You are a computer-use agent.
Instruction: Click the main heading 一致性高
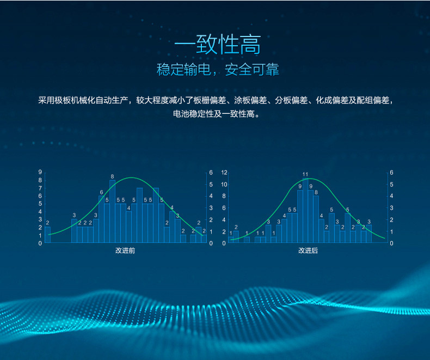coord(218,45)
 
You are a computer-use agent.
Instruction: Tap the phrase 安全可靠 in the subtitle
coord(252,69)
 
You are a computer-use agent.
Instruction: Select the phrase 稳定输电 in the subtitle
coord(184,69)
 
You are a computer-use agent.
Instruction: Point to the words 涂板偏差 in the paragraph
coord(250,100)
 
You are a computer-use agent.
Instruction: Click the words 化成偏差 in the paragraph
coord(332,100)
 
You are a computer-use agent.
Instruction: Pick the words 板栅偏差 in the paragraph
coord(210,100)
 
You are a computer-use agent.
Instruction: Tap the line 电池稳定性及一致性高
coord(217,114)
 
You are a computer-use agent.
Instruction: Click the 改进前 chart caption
coord(125,250)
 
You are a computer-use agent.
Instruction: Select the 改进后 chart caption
coord(308,250)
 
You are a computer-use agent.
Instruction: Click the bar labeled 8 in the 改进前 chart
coord(113,211)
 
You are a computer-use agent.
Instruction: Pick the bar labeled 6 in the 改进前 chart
coord(101,219)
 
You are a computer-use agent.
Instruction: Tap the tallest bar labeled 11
coord(305,210)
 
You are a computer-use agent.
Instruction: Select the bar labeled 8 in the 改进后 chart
coord(316,219)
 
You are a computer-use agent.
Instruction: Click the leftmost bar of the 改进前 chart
coord(48,235)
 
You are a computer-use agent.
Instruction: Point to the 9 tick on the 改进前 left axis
coord(40,172)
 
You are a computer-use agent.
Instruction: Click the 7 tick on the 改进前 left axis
coord(40,188)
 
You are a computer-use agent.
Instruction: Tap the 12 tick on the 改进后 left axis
coord(224,172)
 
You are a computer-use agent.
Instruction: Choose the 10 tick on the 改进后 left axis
coord(224,184)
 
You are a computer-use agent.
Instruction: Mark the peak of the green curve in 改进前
coord(132,178)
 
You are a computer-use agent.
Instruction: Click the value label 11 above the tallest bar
coord(305,174)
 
